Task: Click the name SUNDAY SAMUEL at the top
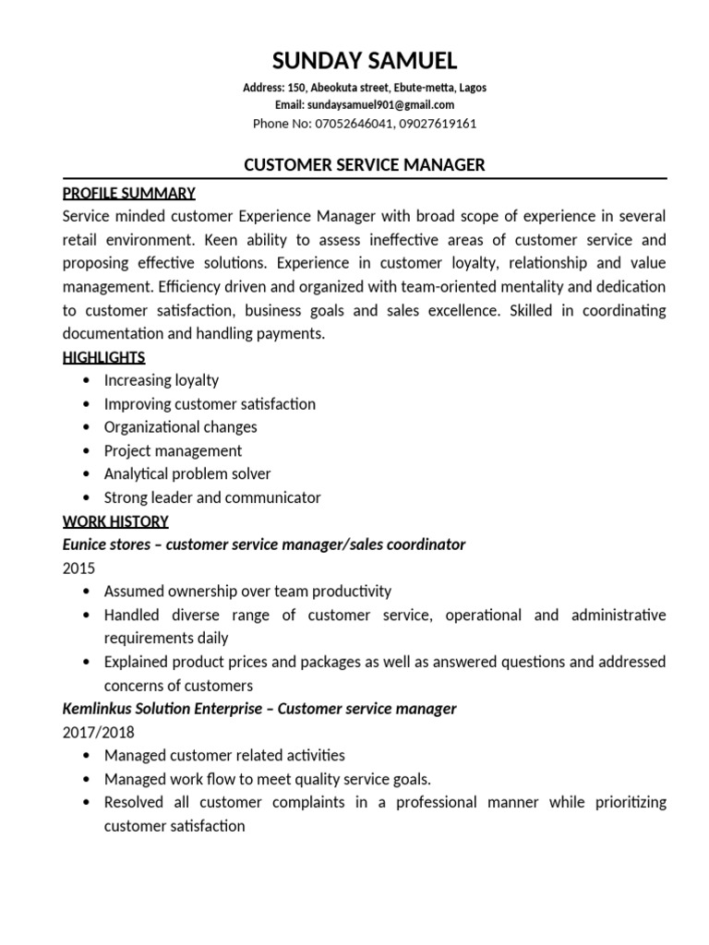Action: click(x=364, y=62)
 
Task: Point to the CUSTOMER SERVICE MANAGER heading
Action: click(x=364, y=165)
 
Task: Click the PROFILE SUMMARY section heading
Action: click(x=128, y=193)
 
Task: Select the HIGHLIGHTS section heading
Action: click(x=103, y=357)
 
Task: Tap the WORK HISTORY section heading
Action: click(x=114, y=521)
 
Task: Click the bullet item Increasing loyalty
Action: click(x=162, y=380)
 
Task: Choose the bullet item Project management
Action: click(x=173, y=450)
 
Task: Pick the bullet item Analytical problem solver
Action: click(x=187, y=474)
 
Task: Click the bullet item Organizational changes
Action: click(x=181, y=427)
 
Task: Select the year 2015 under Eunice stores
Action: click(x=78, y=568)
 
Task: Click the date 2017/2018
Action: click(x=98, y=732)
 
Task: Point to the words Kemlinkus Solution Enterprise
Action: click(x=164, y=709)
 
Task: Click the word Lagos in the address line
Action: click(x=471, y=89)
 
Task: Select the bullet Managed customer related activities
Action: click(x=224, y=755)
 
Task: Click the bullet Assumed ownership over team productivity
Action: click(x=247, y=591)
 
